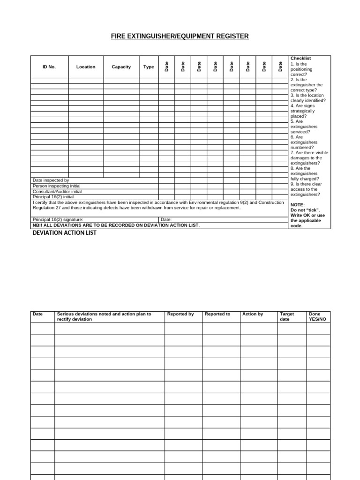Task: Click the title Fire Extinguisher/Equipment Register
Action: (x=180, y=36)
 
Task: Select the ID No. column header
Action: (x=49, y=67)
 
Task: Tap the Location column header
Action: (x=86, y=67)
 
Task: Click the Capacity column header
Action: (x=121, y=67)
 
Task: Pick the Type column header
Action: (x=149, y=67)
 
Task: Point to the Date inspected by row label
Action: (x=51, y=180)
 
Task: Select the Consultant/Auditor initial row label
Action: (x=57, y=191)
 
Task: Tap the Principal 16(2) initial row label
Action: (x=53, y=197)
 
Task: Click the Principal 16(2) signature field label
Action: (x=58, y=219)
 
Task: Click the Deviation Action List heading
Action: (x=64, y=233)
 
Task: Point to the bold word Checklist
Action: (x=300, y=58)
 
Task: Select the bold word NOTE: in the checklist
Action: (x=297, y=205)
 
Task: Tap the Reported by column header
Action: (x=180, y=314)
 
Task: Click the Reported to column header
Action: (x=217, y=314)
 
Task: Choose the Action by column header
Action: (x=253, y=314)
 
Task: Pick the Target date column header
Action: (x=287, y=316)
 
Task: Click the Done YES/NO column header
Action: (x=317, y=316)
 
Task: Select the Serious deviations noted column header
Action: (x=104, y=316)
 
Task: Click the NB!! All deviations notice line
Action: (x=116, y=225)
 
